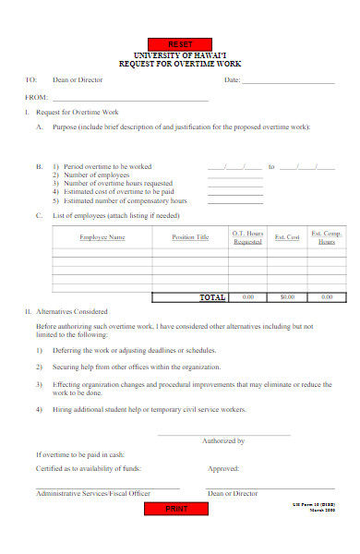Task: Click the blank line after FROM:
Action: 130,99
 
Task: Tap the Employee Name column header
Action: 102,237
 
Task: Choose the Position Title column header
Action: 190,237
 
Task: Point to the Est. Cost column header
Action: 287,237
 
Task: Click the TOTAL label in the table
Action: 212,297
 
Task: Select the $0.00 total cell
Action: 287,297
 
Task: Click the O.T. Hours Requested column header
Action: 247,237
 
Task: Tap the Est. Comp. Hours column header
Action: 327,237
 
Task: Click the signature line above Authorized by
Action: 223,434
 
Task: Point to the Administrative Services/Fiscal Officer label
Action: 92,494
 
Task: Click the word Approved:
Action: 223,469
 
